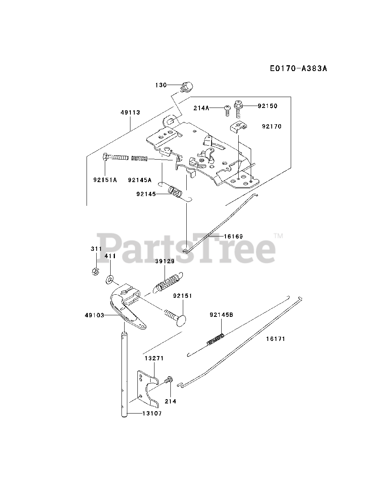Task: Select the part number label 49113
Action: click(x=130, y=113)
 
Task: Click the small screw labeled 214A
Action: click(x=226, y=109)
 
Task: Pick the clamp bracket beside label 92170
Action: click(x=237, y=125)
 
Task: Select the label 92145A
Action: click(x=139, y=180)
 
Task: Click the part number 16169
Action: click(x=233, y=236)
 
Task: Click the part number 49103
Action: click(x=94, y=315)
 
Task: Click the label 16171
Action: click(x=276, y=339)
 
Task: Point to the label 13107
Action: click(x=152, y=414)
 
